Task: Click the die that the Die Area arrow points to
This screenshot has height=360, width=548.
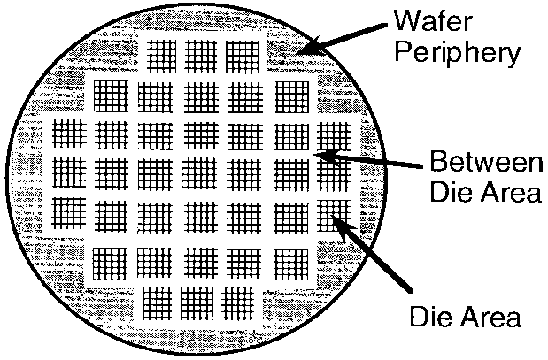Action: point(334,214)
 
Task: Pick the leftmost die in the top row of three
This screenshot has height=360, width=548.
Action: point(160,56)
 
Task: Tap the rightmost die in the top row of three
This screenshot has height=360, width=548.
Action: point(242,56)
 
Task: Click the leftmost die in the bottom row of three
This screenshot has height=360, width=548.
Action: point(158,302)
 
